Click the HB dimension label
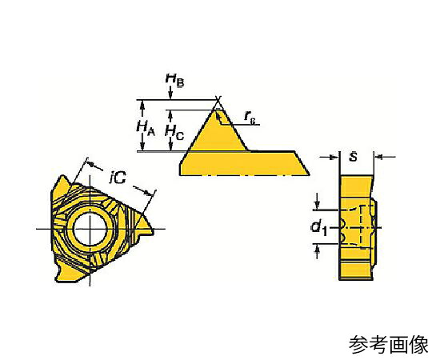click(x=174, y=80)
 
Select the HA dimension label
click(x=146, y=128)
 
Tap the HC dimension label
click(x=174, y=132)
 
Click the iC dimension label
click(x=118, y=177)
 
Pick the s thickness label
click(x=354, y=158)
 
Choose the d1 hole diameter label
click(x=319, y=228)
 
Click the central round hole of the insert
click(x=90, y=228)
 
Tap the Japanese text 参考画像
click(x=389, y=344)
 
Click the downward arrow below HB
click(x=170, y=93)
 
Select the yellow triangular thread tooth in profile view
click(x=218, y=130)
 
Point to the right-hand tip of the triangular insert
click(x=154, y=232)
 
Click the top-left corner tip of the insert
click(x=62, y=177)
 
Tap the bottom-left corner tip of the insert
click(x=57, y=280)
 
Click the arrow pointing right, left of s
click(x=330, y=158)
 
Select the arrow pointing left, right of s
click(x=385, y=158)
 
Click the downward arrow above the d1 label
click(x=318, y=202)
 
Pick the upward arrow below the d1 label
click(x=318, y=252)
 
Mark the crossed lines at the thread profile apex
click(x=218, y=99)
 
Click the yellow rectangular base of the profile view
click(x=244, y=163)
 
